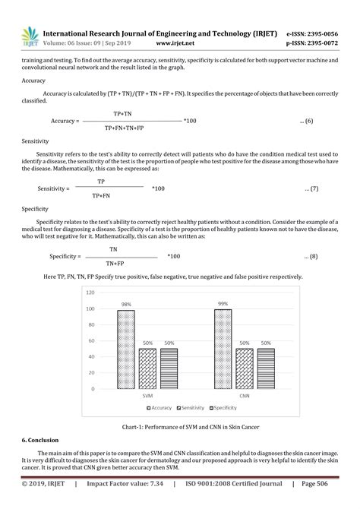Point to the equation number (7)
click(x=311, y=188)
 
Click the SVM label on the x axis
click(x=147, y=396)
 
